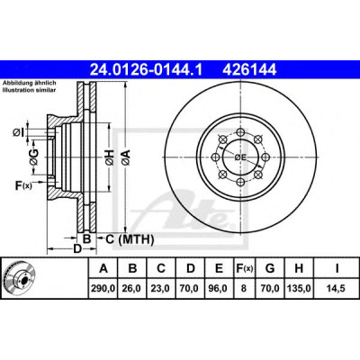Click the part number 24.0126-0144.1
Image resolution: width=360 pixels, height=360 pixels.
[147, 70]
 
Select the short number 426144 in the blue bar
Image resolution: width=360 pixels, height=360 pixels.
[249, 70]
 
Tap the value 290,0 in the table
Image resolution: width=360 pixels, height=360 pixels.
[103, 288]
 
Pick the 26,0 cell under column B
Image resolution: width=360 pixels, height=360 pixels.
[132, 288]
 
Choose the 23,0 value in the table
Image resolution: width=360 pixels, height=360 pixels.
[161, 288]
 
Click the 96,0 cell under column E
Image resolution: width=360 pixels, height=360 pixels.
[219, 288]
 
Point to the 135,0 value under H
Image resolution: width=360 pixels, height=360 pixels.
[299, 288]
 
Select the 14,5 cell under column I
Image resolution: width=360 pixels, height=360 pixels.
[337, 288]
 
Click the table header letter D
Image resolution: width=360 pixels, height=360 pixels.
[191, 268]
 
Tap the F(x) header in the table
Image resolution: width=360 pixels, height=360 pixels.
[243, 268]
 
